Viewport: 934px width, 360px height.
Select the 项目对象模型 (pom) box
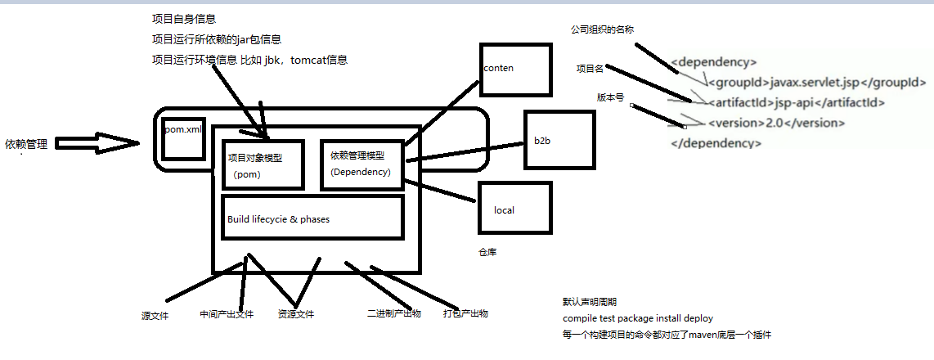[x=263, y=164]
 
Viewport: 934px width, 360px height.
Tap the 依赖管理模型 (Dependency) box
[x=361, y=164]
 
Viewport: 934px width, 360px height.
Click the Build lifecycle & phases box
[x=312, y=218]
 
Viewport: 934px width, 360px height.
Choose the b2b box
[x=557, y=140]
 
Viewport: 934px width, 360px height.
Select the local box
[x=514, y=210]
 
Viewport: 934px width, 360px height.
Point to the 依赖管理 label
[x=26, y=145]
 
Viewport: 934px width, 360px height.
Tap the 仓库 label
[x=487, y=254]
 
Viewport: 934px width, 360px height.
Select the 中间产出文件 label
[x=227, y=314]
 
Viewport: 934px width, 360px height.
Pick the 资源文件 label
[x=295, y=314]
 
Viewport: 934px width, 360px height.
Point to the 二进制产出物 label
[x=394, y=313]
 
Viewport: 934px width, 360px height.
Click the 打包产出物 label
[x=465, y=313]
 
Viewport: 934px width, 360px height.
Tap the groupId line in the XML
[x=816, y=82]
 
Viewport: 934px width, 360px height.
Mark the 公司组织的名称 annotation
[x=603, y=29]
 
